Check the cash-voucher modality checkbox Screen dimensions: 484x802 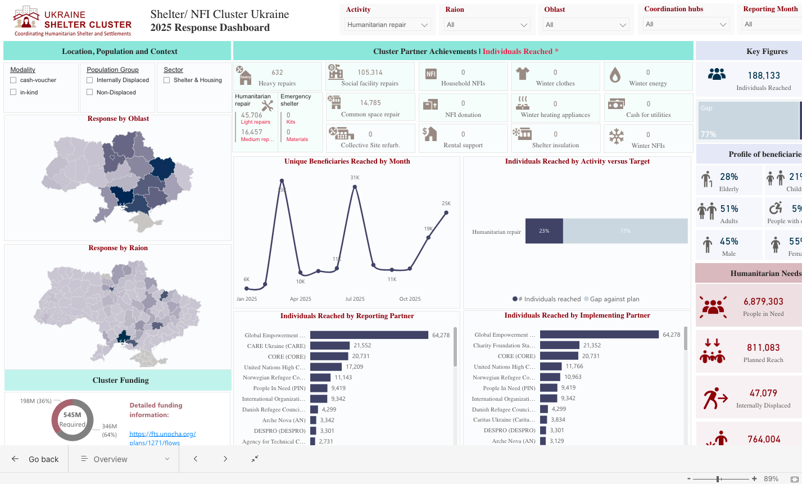click(13, 80)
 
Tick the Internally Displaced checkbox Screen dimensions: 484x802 click(89, 80)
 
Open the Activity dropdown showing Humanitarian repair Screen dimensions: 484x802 click(387, 25)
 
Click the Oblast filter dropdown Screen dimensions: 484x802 click(586, 25)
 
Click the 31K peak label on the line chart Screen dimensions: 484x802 click(355, 178)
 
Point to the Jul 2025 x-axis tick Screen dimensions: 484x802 click(355, 299)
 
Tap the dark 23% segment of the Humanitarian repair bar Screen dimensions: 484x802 click(544, 231)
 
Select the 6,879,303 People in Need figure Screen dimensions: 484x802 click(763, 302)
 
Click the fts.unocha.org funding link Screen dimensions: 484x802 click(162, 438)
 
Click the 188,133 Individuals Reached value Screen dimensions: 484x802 click(764, 75)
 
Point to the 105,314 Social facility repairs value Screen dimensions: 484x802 click(370, 73)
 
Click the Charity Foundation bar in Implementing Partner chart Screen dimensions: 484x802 click(559, 345)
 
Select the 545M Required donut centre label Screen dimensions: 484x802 click(73, 419)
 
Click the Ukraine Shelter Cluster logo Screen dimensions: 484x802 click(72, 21)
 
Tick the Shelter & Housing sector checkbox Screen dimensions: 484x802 click(166, 80)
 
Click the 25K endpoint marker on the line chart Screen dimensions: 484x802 click(446, 212)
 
